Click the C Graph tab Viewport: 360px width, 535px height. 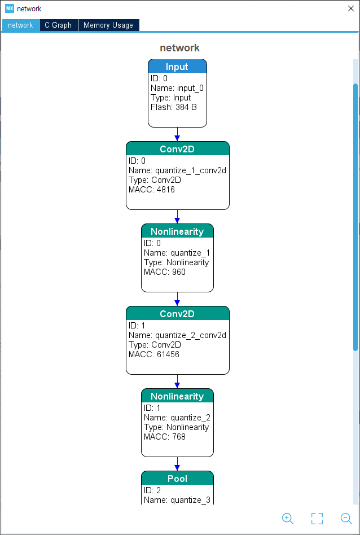(x=58, y=25)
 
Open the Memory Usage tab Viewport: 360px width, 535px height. (x=108, y=25)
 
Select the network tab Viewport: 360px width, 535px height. (x=20, y=25)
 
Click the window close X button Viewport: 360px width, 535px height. (x=351, y=8)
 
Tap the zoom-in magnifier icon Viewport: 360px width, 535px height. (x=288, y=519)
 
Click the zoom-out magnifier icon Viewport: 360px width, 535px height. (x=346, y=519)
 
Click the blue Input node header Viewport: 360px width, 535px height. (x=177, y=66)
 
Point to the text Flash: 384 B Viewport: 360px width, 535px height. (x=174, y=107)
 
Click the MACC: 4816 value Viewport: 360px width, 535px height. (x=152, y=190)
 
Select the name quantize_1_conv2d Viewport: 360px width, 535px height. (x=190, y=170)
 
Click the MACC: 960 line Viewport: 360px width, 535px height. (x=165, y=272)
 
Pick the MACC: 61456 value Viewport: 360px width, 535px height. (x=154, y=354)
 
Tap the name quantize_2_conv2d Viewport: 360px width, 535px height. (x=190, y=335)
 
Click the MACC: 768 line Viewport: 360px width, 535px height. (x=165, y=437)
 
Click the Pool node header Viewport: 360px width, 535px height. (x=177, y=478)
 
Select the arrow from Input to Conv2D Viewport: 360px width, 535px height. (x=177, y=134)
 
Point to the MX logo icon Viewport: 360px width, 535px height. (x=10, y=8)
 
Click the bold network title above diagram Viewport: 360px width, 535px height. (x=180, y=48)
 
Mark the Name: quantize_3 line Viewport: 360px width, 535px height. (x=177, y=500)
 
